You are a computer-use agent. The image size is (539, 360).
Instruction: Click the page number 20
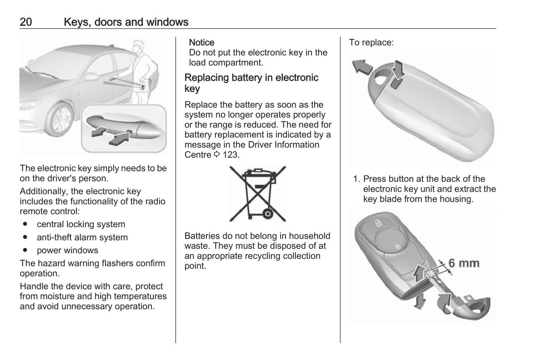tap(26, 22)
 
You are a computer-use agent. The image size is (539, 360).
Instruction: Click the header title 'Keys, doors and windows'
tap(126, 22)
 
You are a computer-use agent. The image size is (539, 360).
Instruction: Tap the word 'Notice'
tap(201, 43)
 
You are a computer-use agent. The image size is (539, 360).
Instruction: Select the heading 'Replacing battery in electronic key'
tap(251, 83)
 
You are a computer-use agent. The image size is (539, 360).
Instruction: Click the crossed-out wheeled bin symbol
tap(257, 194)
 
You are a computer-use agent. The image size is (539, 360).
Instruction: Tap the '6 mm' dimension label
tap(464, 263)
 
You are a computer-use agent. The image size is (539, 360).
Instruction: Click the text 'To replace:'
tap(371, 43)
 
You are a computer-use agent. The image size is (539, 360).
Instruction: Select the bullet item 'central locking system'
tap(81, 224)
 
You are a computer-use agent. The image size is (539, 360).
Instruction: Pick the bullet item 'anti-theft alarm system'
tap(82, 237)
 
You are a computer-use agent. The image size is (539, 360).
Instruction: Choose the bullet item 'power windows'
tap(67, 250)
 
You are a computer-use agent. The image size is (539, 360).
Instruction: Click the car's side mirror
tap(91, 77)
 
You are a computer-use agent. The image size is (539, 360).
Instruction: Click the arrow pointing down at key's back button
tap(399, 69)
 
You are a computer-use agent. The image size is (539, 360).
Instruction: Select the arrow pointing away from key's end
tap(362, 66)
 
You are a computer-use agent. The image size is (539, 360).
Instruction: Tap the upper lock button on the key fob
tap(378, 223)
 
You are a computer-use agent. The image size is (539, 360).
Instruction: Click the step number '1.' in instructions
tap(357, 179)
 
